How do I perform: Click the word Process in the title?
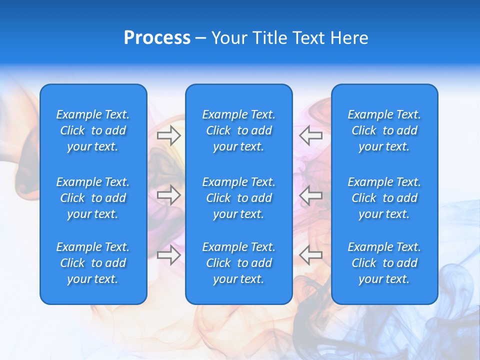pos(157,38)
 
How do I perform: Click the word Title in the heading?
pos(270,38)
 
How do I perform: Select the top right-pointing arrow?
pos(169,135)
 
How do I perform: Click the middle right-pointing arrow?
pos(169,195)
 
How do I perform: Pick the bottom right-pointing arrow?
pos(169,255)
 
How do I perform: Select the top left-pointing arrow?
pos(311,135)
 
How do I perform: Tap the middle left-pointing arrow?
pos(311,195)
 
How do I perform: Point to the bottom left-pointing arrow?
pos(311,255)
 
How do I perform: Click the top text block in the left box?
pos(93,130)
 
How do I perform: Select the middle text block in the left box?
pos(93,198)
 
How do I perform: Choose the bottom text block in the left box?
pos(93,263)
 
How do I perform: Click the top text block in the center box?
pos(239,130)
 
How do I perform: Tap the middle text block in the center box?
pos(239,198)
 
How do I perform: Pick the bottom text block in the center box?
pos(239,263)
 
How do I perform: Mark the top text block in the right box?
pos(384,130)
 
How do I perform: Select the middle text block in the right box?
pos(384,198)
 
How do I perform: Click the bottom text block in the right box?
pos(384,263)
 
